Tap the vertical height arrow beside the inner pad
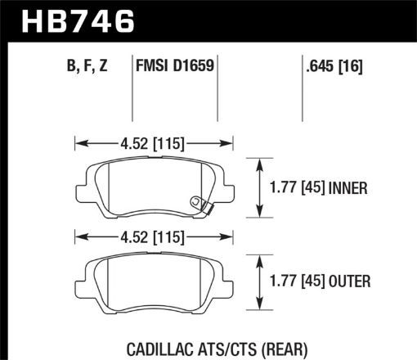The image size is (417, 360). click(260, 188)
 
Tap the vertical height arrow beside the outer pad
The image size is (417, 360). click(260, 283)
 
